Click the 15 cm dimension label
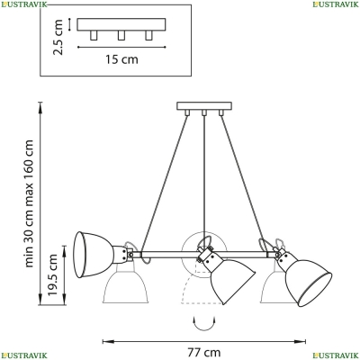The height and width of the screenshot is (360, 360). point(121,59)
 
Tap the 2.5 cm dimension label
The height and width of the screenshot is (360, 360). point(58,37)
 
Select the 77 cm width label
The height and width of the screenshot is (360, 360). point(204,352)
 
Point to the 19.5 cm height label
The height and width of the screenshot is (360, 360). point(52,274)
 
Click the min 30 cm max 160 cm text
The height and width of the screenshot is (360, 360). point(29,203)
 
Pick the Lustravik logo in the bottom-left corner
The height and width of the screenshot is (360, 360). point(23,355)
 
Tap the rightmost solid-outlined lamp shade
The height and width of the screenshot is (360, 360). point(306,280)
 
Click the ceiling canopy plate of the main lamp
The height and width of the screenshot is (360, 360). point(204,106)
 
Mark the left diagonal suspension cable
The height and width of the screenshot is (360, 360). point(165,183)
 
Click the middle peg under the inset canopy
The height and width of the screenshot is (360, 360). point(121,35)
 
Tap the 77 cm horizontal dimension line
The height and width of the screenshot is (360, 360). point(204,341)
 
